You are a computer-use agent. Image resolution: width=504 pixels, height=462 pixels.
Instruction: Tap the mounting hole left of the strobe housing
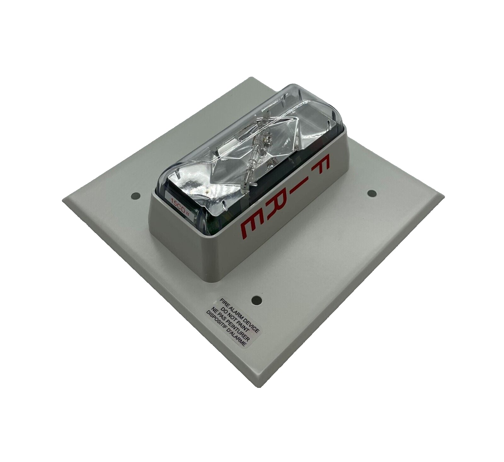[x=135, y=196]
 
